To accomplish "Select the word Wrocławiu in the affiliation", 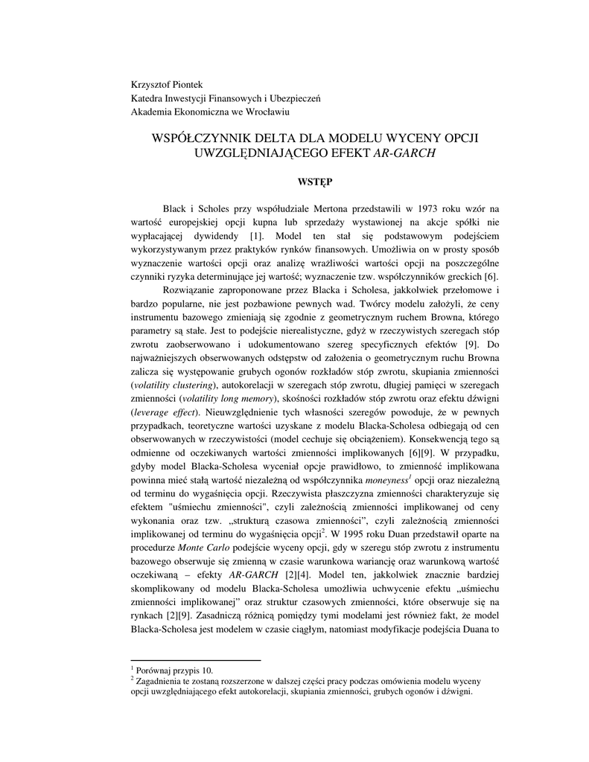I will [265, 112].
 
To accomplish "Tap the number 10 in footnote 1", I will [208, 670].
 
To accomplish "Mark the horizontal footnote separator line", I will [196, 660].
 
